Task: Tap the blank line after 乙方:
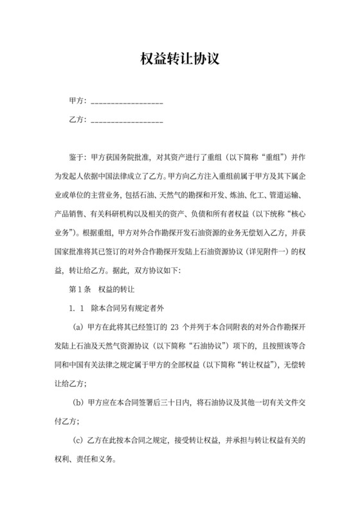tap(127, 121)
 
